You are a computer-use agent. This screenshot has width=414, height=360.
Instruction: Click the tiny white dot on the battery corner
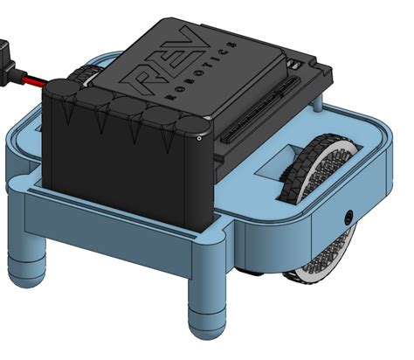click(200, 137)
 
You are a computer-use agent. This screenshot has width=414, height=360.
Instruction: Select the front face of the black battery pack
click(127, 175)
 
